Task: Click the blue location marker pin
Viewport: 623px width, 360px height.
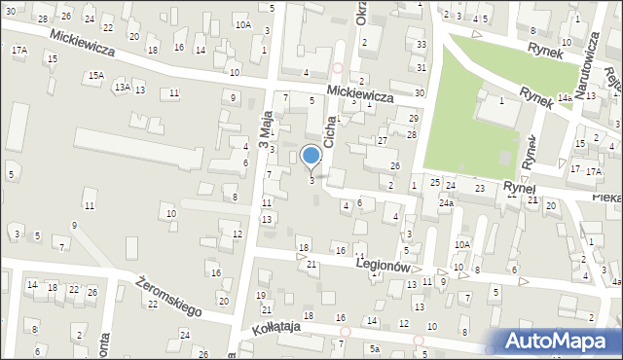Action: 311,156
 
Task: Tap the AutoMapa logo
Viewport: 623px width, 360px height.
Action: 559,341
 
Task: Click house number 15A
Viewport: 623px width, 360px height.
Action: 95,75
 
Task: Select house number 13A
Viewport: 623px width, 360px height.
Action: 121,88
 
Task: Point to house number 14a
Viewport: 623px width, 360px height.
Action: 565,98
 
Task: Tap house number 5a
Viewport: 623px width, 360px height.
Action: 374,347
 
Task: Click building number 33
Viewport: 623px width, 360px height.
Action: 421,45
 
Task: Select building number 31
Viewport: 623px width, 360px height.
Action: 421,67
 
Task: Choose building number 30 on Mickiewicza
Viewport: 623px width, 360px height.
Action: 419,92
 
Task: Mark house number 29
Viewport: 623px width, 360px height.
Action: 413,118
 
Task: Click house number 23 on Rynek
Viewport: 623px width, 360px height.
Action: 479,186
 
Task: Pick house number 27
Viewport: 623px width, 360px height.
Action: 383,141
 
